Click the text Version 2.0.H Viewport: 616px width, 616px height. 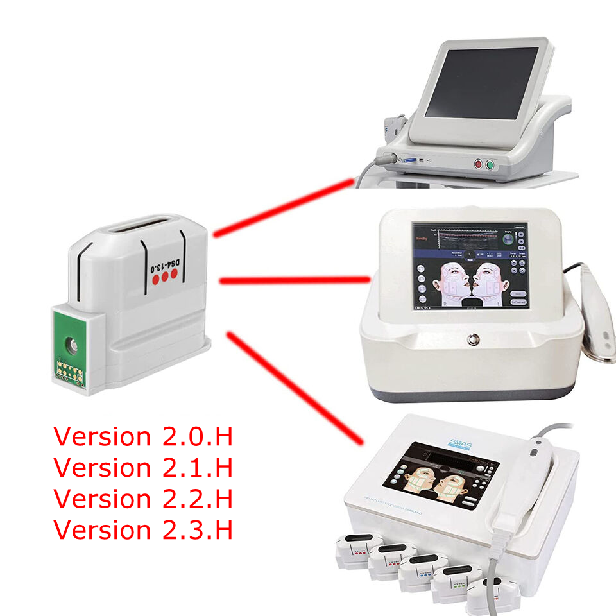pos(142,437)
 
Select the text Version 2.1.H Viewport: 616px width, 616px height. pos(142,468)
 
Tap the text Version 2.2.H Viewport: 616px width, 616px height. pos(142,499)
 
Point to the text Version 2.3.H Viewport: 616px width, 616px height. pos(142,530)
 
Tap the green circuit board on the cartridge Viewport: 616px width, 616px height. pos(71,350)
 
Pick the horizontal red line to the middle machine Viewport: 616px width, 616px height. pos(295,280)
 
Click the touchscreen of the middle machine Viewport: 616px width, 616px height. pos(470,265)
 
